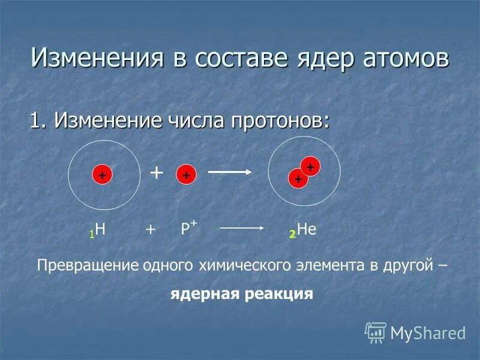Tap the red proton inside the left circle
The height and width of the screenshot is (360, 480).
pos(102,175)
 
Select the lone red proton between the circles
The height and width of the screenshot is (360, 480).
pos(186,175)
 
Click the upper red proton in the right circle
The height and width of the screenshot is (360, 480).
pos(310,166)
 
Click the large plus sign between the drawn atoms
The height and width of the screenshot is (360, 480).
pos(156,173)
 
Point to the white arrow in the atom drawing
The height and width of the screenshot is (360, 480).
pos(229,173)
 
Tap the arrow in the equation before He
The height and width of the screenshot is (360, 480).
pos(244,229)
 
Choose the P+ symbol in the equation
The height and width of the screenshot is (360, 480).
pos(188,228)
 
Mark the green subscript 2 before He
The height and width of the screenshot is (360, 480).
pos(292,233)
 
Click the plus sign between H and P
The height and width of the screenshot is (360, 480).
pos(150,229)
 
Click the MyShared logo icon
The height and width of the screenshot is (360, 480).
pos(376,331)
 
